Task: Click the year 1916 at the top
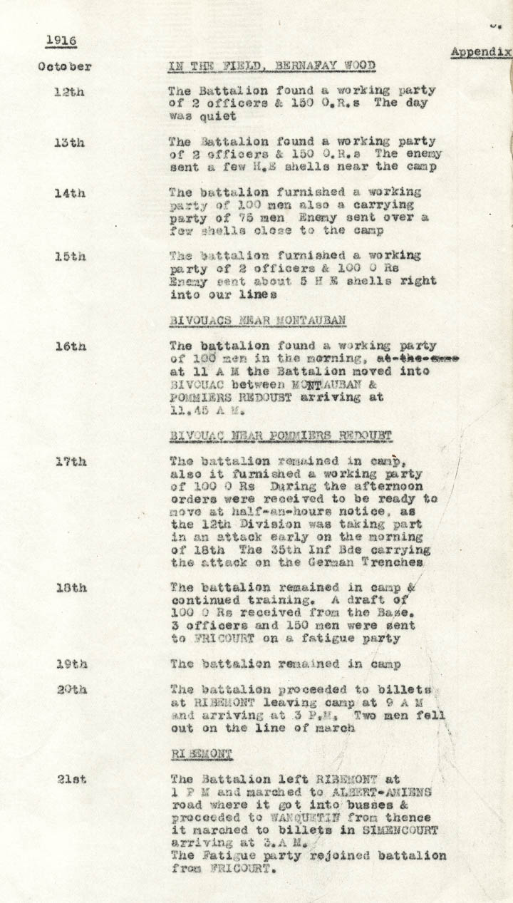tap(61, 40)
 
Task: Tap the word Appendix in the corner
tap(480, 52)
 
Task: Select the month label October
tap(65, 67)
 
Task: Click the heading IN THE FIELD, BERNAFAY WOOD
tap(271, 67)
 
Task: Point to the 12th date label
tap(69, 91)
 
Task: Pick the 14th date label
tap(70, 192)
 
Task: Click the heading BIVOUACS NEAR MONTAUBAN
tap(258, 321)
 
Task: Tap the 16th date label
tap(71, 346)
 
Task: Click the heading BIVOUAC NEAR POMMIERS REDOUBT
tap(281, 435)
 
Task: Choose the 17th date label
tap(71, 461)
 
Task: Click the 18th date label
tap(71, 588)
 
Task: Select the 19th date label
tap(71, 664)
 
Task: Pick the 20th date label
tap(71, 689)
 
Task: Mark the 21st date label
tap(71, 779)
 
